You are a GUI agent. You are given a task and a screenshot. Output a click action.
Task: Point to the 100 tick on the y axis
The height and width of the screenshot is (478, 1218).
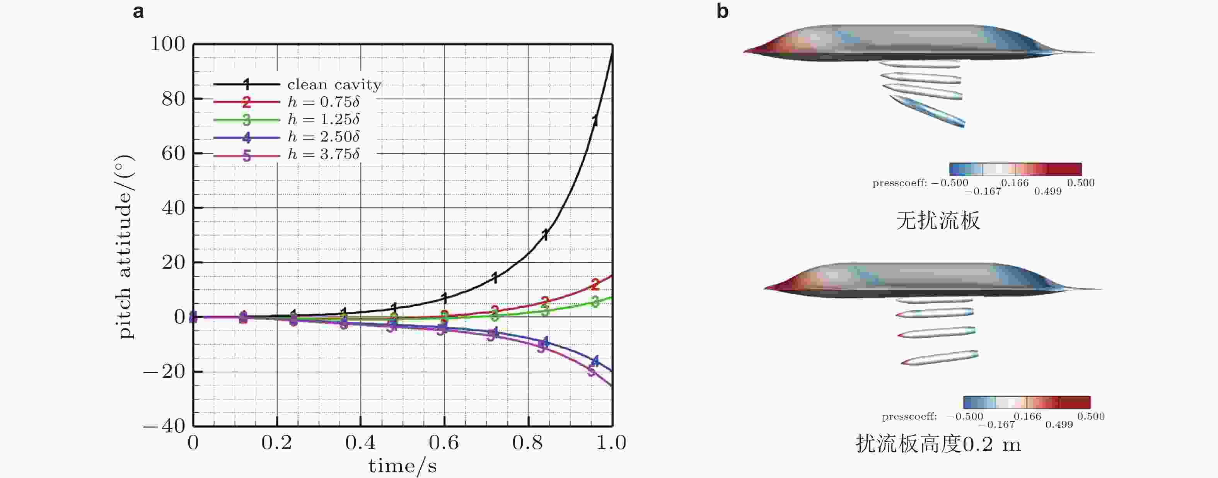[x=168, y=44]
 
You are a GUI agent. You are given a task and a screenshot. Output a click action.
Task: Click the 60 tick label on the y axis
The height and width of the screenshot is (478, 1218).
[x=173, y=153]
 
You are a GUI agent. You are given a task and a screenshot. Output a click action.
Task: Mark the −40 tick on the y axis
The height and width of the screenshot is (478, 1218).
[x=165, y=426]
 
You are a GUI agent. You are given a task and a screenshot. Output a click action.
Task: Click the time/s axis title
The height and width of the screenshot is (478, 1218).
[x=403, y=466]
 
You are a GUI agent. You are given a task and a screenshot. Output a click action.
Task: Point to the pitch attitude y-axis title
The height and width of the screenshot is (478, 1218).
[x=125, y=247]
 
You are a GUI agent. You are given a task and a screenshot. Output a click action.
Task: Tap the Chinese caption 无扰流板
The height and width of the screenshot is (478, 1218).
[x=938, y=221]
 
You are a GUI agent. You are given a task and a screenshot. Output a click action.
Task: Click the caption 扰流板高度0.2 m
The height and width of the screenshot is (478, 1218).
[x=938, y=444]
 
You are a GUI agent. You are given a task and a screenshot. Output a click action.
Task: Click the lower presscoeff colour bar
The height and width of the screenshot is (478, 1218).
[x=1027, y=402]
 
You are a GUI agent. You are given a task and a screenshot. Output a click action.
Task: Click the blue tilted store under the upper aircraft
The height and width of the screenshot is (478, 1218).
[x=927, y=111]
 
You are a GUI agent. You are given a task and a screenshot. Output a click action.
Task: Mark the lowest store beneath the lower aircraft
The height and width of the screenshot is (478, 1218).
[x=940, y=358]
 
